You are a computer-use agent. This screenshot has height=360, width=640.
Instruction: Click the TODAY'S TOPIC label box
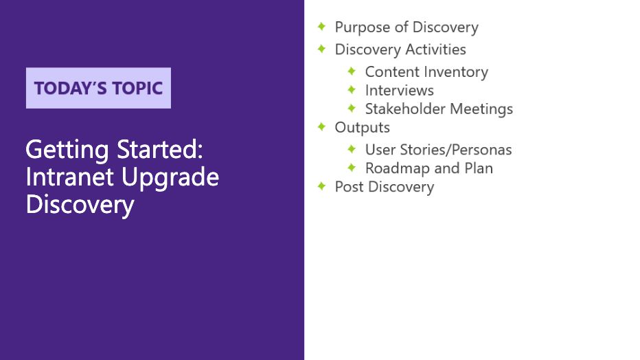point(98,88)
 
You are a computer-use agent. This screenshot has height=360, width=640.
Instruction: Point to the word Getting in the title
point(65,149)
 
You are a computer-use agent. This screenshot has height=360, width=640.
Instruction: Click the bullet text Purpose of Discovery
point(406,27)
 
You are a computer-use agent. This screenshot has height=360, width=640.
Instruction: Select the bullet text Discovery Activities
point(400,49)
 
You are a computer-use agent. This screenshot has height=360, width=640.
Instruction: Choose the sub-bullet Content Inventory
point(426,71)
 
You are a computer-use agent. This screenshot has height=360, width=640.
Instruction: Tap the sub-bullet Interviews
point(399,90)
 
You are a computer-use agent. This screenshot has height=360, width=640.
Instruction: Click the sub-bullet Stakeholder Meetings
point(438,109)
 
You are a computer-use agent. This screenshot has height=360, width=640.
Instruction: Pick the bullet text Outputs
point(362,127)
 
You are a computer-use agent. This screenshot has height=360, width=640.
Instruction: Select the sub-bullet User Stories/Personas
point(438,149)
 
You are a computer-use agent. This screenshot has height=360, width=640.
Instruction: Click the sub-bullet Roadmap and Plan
point(428,168)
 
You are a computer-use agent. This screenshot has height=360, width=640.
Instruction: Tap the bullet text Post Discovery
point(384,187)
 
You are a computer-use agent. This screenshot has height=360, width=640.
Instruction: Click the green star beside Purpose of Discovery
point(321,26)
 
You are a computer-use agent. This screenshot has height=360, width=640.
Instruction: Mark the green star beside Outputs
point(321,126)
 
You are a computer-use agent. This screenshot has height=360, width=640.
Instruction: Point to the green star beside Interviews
point(352,89)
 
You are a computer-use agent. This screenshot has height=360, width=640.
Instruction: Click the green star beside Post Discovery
point(321,185)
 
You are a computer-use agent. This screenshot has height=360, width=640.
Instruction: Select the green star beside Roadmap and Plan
point(352,167)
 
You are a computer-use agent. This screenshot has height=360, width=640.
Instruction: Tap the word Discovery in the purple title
point(79,205)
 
